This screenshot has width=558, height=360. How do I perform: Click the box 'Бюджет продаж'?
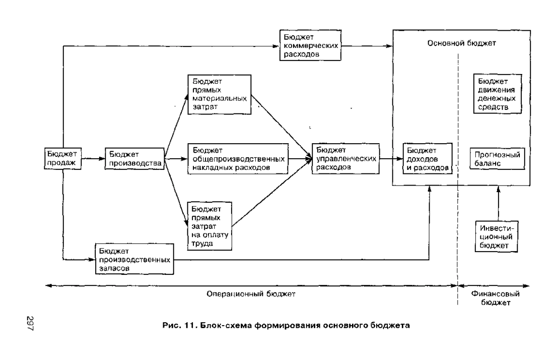coord(63,159)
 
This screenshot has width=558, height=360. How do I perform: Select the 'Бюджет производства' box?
coord(135,159)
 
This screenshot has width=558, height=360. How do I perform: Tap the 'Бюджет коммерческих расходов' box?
coord(311,45)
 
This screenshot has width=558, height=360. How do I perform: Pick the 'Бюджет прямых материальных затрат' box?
coord(219,94)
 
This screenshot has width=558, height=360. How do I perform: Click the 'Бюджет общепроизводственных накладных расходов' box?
coord(238,159)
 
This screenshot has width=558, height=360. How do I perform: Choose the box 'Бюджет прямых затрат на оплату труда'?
coord(210,226)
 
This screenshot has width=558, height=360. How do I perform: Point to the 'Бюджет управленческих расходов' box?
coord(346,159)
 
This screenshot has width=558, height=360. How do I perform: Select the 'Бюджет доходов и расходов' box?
coord(427,159)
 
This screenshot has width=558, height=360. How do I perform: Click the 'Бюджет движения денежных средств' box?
coord(498,93)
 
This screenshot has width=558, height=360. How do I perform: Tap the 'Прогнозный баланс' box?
coord(497,159)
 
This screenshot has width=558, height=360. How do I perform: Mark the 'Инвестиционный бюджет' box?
coord(496,236)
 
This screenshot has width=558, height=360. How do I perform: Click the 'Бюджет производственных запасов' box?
coord(134,259)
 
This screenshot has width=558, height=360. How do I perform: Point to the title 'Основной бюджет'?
coord(462,43)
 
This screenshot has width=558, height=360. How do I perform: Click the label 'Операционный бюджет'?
coord(251,294)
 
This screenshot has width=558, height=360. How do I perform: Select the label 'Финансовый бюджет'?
coord(495,298)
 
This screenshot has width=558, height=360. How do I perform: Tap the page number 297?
coord(30,323)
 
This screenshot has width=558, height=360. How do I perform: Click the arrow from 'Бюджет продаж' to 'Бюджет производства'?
coord(93,159)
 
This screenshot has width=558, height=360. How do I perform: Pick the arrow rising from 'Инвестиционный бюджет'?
coord(498,204)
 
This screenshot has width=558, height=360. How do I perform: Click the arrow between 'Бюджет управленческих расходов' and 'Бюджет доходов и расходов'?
coord(391,159)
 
